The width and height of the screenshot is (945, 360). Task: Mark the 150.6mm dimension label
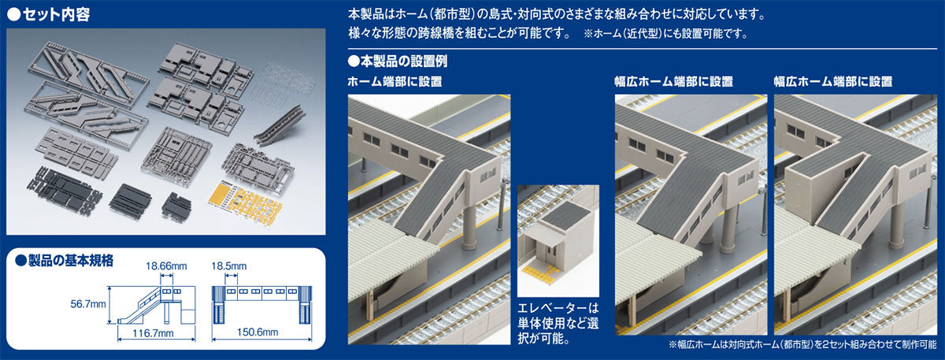(x=261, y=335)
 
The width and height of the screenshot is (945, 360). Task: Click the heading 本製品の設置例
(x=397, y=61)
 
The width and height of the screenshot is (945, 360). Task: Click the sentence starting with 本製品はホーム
(x=555, y=14)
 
